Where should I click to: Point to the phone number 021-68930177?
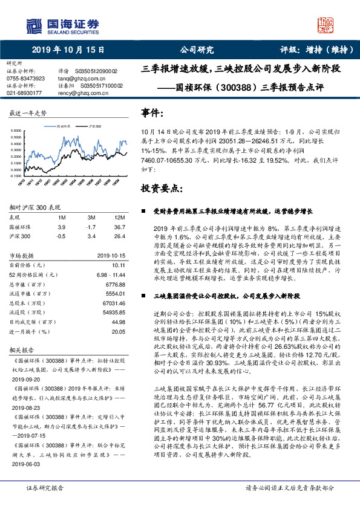click(24, 93)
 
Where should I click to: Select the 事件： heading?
click(152, 113)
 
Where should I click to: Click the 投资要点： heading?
click(162, 188)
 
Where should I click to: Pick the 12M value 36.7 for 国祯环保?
click(119, 226)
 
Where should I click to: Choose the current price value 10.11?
click(119, 265)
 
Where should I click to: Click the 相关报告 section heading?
click(21, 349)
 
